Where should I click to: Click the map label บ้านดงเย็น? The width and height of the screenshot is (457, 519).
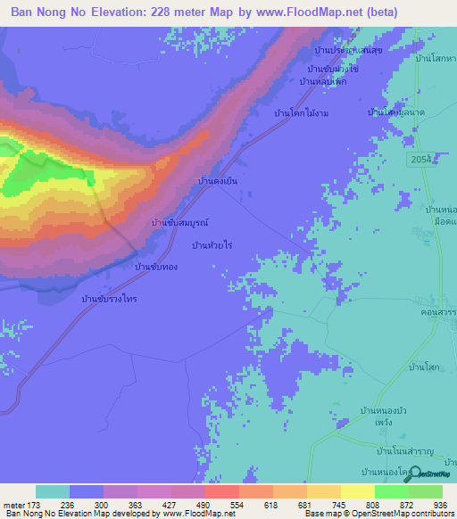tap(217, 180)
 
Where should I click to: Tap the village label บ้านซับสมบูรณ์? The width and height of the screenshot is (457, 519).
tap(179, 221)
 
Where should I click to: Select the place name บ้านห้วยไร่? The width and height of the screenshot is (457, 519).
tap(212, 243)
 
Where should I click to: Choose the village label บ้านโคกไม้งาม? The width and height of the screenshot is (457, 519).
tap(303, 113)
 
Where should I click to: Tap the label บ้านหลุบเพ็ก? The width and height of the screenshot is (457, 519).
tap(322, 82)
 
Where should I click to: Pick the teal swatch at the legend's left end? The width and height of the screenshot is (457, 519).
tap(53, 491)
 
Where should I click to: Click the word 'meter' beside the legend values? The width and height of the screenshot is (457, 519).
tap(12, 504)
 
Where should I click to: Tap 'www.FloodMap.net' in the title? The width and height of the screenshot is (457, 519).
tap(312, 12)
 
